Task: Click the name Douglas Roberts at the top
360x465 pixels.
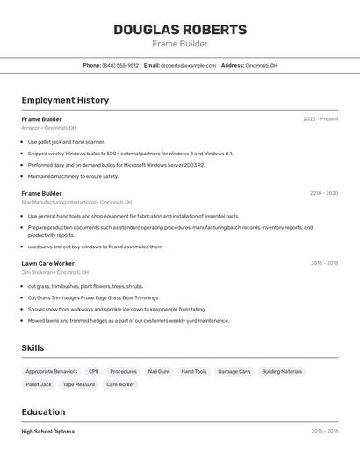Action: (x=180, y=30)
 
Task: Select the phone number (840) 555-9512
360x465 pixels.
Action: (x=120, y=65)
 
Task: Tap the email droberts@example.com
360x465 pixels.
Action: (x=188, y=65)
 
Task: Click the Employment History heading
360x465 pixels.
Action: (x=65, y=100)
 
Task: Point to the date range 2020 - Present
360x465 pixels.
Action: (x=320, y=119)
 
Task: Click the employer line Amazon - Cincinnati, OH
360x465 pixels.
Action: (x=49, y=128)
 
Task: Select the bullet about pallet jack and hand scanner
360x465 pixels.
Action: (x=67, y=142)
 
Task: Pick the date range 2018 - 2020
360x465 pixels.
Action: (x=323, y=193)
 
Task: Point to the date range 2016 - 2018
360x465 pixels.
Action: (x=323, y=263)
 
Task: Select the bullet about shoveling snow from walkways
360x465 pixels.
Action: (x=116, y=309)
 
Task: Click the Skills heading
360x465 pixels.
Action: (x=32, y=348)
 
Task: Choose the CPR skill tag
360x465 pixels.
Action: (x=94, y=371)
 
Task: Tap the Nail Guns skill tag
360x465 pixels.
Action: (x=159, y=371)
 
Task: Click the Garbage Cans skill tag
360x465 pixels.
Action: (x=234, y=371)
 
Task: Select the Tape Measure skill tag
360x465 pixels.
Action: (x=79, y=384)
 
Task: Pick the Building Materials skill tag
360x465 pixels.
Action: (x=282, y=371)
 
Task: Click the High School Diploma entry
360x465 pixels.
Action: (x=48, y=432)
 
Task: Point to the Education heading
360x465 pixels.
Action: (x=43, y=412)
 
